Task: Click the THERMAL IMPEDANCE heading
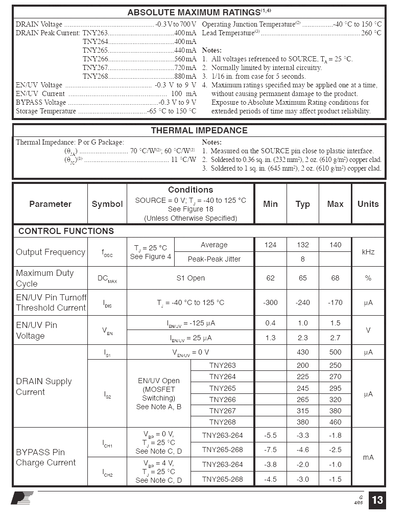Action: coord(199,130)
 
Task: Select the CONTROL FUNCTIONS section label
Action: coord(66,231)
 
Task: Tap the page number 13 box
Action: coord(377,500)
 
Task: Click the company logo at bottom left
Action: coord(22,498)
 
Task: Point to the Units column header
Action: coord(368,204)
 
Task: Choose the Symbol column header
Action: coord(107,204)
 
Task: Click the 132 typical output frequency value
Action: coord(302,245)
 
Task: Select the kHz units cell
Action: coord(368,252)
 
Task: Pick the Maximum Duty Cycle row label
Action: coord(45,278)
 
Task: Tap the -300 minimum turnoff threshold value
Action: coord(270,302)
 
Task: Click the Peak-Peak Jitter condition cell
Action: coord(214,259)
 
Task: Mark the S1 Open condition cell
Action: coord(190,278)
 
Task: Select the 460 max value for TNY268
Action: coord(335,422)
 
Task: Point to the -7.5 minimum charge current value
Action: coord(270,450)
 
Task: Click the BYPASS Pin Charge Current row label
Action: coord(46,457)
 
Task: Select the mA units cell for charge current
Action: coord(368,457)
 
